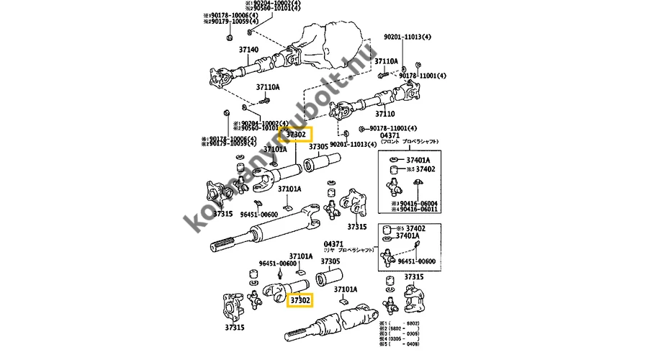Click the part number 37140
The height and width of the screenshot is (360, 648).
click(248, 50)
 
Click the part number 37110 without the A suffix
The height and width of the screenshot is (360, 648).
click(385, 113)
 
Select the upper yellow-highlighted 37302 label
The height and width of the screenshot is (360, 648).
click(297, 134)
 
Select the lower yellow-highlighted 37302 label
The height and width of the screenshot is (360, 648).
click(300, 299)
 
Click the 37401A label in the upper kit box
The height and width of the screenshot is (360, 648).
click(418, 160)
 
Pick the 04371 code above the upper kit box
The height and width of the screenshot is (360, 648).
click(389, 135)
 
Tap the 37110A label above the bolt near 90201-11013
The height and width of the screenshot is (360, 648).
click(386, 61)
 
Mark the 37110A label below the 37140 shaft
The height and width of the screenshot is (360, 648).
click(268, 87)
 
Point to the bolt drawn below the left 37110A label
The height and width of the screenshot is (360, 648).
click(260, 98)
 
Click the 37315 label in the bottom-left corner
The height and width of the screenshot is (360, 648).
click(235, 328)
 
